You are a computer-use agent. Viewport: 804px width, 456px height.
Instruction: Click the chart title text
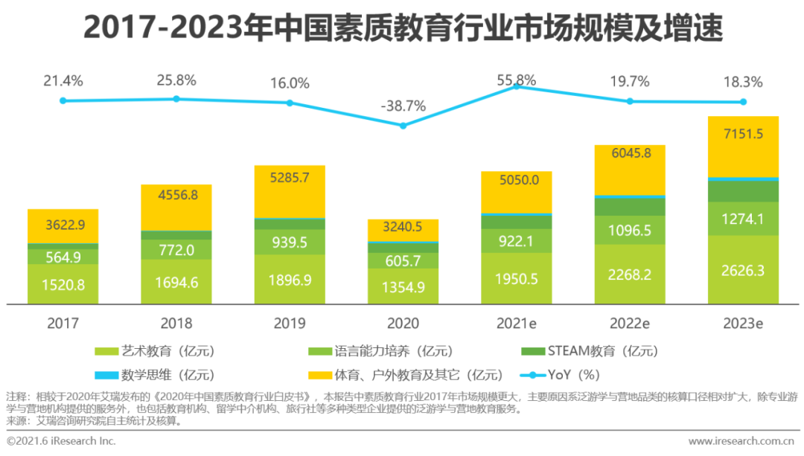click(403, 29)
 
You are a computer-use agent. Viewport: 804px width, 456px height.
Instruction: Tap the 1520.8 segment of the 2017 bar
click(63, 284)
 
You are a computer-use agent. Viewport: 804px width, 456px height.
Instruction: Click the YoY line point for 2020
click(403, 126)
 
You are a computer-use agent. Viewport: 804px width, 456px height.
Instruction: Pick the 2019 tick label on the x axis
click(290, 324)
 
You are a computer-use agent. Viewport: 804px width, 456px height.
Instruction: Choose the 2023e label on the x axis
click(743, 324)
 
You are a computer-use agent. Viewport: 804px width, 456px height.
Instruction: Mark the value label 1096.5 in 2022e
click(630, 231)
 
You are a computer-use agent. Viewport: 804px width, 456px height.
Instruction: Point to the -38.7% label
click(403, 106)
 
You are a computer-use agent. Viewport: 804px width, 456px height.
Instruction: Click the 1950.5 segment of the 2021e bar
click(516, 278)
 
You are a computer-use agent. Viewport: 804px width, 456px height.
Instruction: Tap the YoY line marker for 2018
click(176, 99)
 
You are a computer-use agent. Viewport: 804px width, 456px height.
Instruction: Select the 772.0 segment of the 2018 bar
click(176, 250)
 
